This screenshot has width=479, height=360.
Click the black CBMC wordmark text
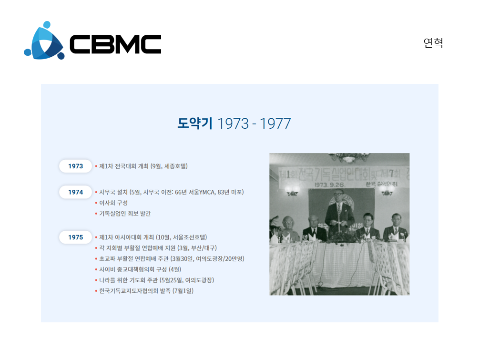coord(115,44)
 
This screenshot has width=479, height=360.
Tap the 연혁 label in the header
coord(433,43)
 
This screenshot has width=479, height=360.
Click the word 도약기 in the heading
coord(195,123)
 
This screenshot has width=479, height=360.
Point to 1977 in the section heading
coord(275,124)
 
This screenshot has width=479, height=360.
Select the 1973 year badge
coord(75,166)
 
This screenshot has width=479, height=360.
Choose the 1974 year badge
coord(75,192)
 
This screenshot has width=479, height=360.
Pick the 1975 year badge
coord(75,237)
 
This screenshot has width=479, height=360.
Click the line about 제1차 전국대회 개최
coord(143,166)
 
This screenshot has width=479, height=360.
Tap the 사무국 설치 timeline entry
coord(172,192)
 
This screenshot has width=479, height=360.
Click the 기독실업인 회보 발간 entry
coord(125,213)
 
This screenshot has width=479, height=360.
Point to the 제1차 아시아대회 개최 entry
coord(153,237)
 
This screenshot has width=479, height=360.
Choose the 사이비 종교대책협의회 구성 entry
coord(140,269)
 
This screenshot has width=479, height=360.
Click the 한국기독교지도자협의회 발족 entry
coord(146,291)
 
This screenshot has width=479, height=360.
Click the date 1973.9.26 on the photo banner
coord(329,185)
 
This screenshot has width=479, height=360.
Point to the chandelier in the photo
coord(349,157)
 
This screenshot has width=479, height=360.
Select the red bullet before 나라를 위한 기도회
coord(96,280)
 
